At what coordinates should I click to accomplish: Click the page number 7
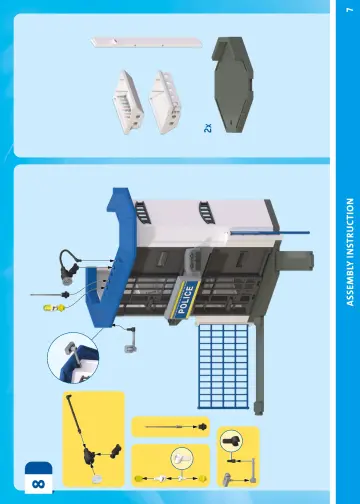click(349, 10)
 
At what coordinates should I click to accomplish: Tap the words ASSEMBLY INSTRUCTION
click(350, 252)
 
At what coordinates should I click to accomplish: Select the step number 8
click(38, 484)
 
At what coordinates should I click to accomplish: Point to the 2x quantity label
click(208, 128)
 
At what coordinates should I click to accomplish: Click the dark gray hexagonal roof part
click(233, 85)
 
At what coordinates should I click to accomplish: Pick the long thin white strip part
click(146, 42)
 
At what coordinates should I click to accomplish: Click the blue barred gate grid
click(223, 366)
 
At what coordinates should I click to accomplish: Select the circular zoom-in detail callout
click(73, 358)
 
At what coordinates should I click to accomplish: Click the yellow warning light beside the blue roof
click(54, 308)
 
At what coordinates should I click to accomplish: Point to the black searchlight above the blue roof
click(69, 266)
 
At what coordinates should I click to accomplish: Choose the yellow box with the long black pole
click(94, 439)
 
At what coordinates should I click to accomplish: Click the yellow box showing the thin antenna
click(171, 427)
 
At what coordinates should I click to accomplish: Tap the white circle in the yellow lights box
click(182, 458)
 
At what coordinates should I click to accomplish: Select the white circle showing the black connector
click(231, 441)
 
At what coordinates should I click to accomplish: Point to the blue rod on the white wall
click(270, 232)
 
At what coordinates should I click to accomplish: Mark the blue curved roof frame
click(110, 253)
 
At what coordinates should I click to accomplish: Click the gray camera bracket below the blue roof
click(130, 339)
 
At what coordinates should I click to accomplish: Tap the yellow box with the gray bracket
click(238, 457)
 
